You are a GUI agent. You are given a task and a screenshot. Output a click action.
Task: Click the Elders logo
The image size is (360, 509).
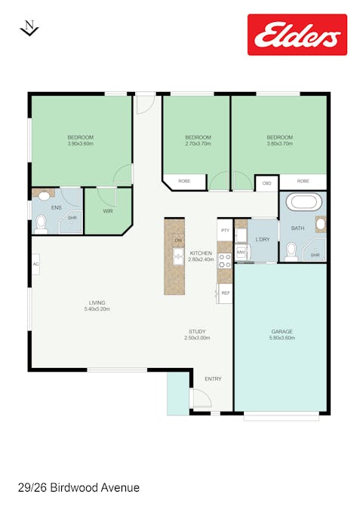click(x=297, y=35)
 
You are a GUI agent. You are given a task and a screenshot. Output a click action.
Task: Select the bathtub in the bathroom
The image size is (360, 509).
click(x=301, y=203)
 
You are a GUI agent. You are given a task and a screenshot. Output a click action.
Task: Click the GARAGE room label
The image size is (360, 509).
click(x=282, y=331)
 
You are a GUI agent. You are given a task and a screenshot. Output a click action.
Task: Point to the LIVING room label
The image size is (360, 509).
click(x=97, y=302)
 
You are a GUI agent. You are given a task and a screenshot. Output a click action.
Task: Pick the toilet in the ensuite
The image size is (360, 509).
click(x=42, y=222)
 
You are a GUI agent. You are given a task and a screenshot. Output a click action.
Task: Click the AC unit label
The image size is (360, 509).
click(x=35, y=263)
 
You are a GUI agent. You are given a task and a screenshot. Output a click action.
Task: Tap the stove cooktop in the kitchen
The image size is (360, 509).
click(x=224, y=261)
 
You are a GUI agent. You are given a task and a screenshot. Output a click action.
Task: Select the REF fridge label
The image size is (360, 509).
click(x=225, y=293)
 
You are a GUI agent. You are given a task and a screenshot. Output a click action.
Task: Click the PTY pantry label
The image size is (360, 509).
click(x=225, y=230)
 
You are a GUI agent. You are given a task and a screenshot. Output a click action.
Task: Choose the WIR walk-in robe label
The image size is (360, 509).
click(x=108, y=210)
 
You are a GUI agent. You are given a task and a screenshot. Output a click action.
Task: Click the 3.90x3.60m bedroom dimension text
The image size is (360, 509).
click(x=80, y=143)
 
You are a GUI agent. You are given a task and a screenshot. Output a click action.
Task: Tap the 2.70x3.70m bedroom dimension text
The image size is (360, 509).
click(x=198, y=143)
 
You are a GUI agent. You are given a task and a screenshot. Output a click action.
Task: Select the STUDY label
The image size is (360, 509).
click(x=198, y=331)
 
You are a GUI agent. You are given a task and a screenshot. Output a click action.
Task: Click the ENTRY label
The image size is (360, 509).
click(x=213, y=379)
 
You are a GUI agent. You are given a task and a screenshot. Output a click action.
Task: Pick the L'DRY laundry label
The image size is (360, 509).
click(x=263, y=239)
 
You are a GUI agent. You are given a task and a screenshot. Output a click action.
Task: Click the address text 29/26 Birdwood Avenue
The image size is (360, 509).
click(x=78, y=488)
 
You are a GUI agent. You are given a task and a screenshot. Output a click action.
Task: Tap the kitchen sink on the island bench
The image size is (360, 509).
click(x=178, y=256)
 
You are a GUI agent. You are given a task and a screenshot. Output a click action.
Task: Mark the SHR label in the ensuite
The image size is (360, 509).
click(x=72, y=218)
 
